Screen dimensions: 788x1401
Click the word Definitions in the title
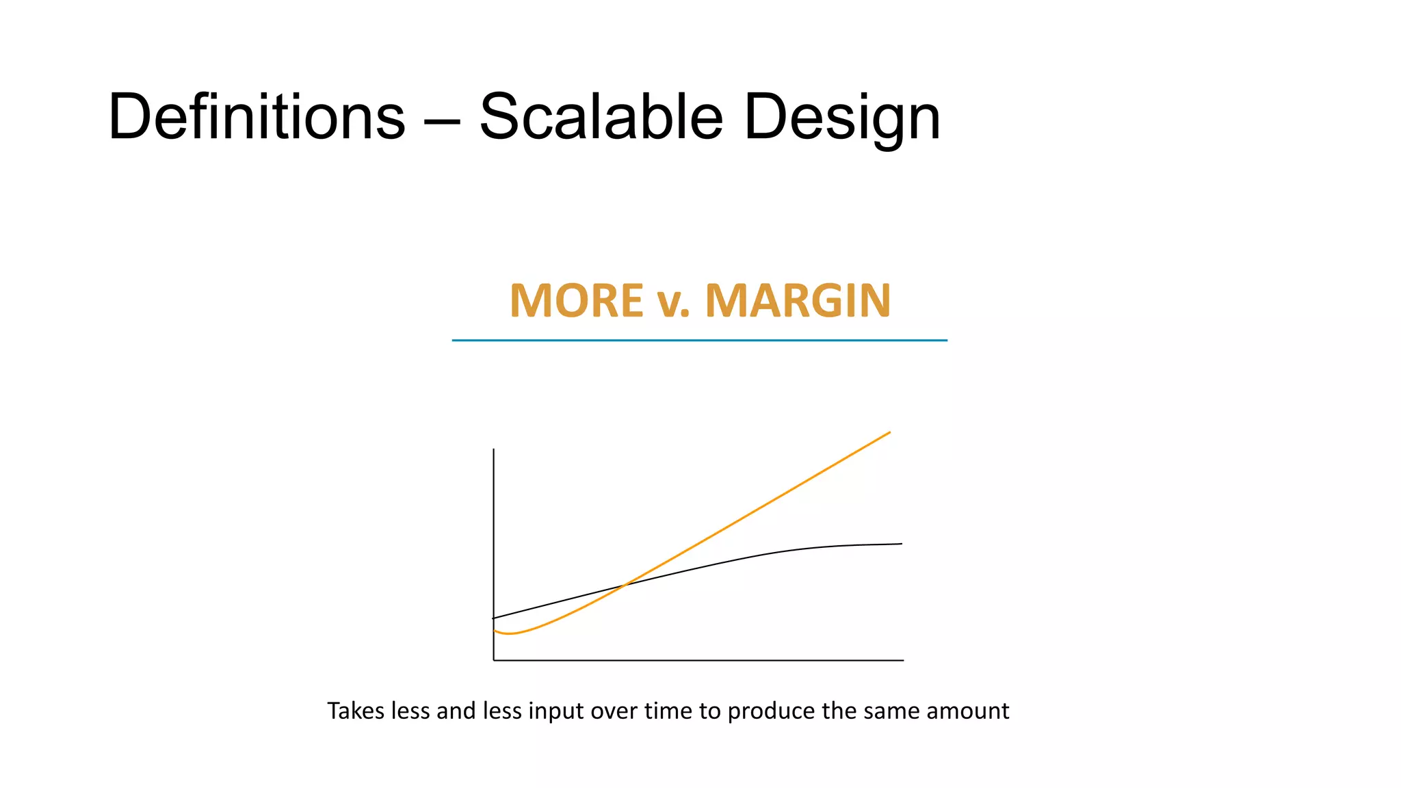257,117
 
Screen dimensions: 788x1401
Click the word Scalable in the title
601,117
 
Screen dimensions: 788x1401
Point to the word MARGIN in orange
798,301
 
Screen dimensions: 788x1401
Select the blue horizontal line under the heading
699,340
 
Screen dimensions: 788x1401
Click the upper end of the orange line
889,432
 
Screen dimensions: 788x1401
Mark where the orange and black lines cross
625,585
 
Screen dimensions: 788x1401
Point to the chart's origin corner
494,660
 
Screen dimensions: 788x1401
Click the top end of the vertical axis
494,450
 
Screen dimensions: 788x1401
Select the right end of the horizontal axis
902,660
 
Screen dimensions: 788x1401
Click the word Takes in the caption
356,711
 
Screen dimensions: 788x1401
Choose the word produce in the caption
771,711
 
